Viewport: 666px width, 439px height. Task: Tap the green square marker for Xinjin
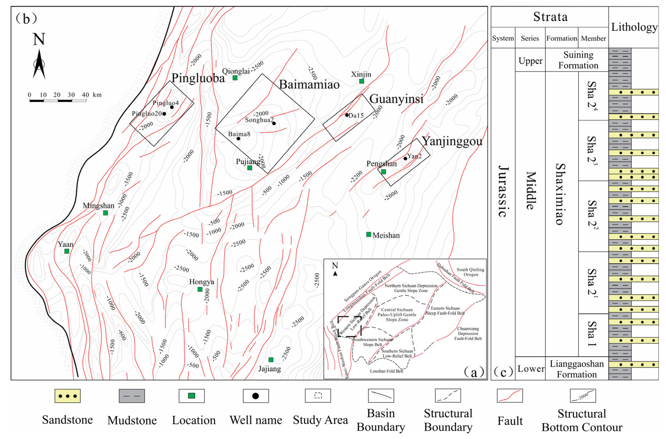click(362, 81)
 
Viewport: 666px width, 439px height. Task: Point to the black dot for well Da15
click(347, 115)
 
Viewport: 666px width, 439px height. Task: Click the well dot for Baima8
click(238, 139)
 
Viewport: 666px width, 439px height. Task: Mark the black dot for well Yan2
click(405, 158)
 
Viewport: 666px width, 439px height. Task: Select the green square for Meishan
click(368, 234)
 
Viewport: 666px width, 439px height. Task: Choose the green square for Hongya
click(200, 289)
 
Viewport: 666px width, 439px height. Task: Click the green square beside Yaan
click(67, 251)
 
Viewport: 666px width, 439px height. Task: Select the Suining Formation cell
click(578, 60)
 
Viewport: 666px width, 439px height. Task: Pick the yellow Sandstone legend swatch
click(67, 396)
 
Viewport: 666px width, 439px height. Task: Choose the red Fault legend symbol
click(510, 396)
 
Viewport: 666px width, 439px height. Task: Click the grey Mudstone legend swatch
click(132, 396)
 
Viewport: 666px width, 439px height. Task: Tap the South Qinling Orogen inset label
click(470, 272)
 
